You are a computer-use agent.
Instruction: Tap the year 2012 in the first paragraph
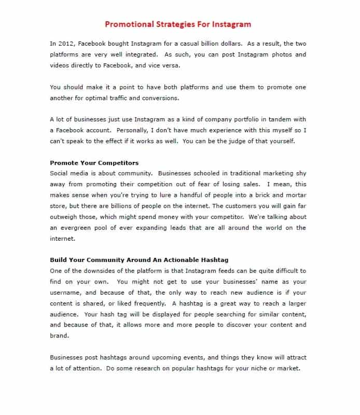[67, 44]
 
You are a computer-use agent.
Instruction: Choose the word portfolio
[234, 119]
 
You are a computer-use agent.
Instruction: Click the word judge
[248, 141]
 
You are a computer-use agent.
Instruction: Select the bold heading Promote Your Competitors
[94, 163]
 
